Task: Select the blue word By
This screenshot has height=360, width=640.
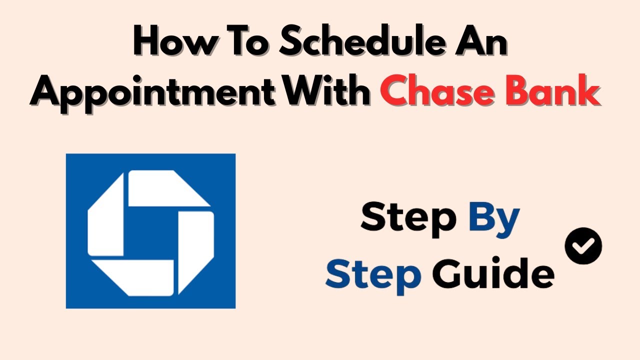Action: (x=494, y=220)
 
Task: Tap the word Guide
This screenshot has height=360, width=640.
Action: (x=493, y=273)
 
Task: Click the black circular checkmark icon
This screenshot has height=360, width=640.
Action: (x=583, y=245)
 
